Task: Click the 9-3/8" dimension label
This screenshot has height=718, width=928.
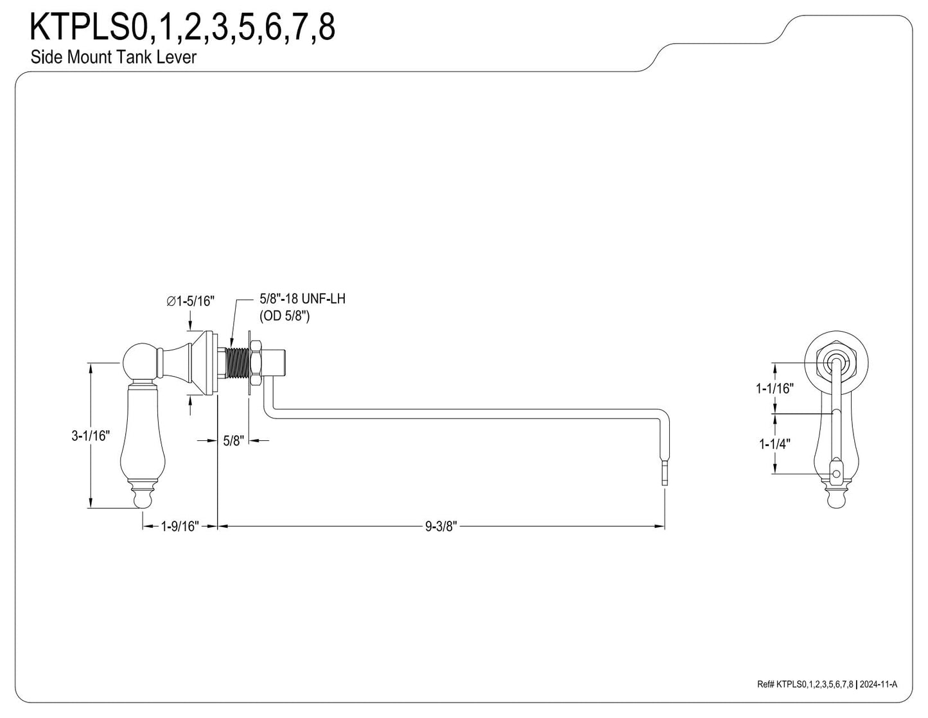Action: click(x=441, y=526)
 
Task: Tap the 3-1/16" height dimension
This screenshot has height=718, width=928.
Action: click(x=91, y=436)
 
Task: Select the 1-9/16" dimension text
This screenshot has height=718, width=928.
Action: click(x=180, y=526)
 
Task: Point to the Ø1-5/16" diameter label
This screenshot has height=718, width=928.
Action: click(x=191, y=301)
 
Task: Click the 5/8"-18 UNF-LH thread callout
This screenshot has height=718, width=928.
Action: click(x=302, y=298)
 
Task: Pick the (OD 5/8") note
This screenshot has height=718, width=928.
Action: click(x=285, y=316)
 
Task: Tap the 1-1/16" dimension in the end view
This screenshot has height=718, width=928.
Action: click(x=775, y=388)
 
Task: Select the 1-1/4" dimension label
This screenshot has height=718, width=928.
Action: click(x=775, y=444)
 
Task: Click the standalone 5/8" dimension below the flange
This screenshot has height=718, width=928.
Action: click(x=233, y=440)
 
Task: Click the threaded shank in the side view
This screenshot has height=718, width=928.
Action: click(x=238, y=364)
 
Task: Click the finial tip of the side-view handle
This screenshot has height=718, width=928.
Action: click(x=143, y=499)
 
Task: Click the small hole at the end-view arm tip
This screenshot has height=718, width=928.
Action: click(x=836, y=474)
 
